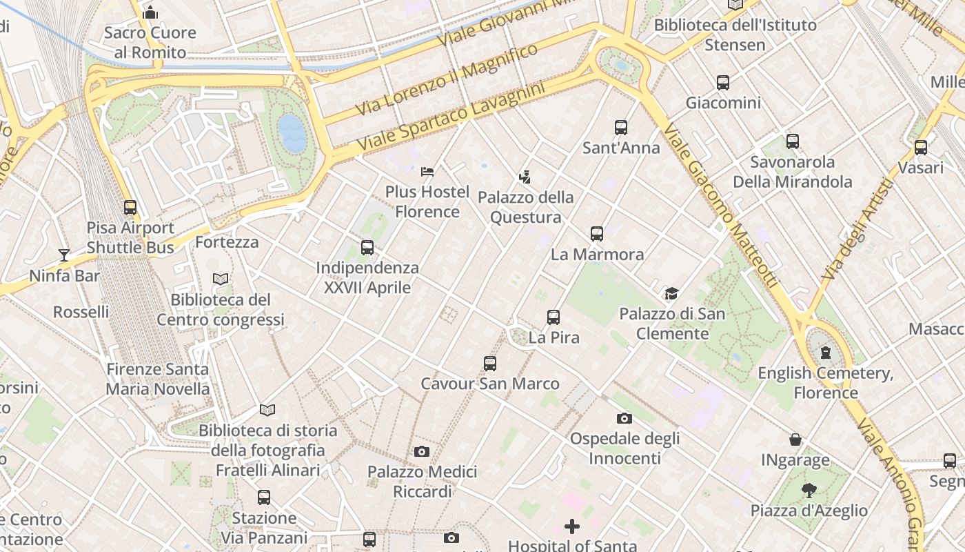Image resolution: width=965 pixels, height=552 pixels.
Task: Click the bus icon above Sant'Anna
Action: [621, 128]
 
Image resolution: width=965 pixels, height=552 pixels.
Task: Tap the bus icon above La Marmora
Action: [597, 234]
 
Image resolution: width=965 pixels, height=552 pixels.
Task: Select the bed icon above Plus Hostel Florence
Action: [427, 171]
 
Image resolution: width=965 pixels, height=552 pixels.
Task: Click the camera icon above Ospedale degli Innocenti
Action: [624, 418]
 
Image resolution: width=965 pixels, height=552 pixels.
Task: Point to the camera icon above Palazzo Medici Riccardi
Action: [422, 452]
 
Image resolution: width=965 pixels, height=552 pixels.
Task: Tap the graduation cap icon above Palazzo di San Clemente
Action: [671, 294]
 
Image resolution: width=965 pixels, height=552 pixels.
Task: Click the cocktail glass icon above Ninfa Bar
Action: [64, 255]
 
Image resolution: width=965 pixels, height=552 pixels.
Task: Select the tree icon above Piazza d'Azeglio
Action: [809, 491]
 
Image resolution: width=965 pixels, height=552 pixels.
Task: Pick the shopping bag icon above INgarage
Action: [795, 440]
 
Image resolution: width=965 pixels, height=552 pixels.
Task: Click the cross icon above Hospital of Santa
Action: [572, 526]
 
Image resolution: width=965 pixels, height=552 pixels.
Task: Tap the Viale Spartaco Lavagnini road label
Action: [451, 117]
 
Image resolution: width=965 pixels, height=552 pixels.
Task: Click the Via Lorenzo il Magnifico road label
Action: [446, 80]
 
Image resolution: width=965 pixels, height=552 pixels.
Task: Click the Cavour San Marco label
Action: [490, 384]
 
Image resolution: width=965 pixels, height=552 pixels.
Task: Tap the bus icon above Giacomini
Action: [723, 83]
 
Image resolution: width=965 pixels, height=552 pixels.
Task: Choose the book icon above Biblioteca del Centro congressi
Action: [221, 279]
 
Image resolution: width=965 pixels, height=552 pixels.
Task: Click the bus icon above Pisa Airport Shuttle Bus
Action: [130, 208]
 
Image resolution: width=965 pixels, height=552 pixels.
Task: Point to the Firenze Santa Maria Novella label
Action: [158, 379]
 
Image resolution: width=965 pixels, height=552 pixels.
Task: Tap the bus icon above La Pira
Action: [553, 317]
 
